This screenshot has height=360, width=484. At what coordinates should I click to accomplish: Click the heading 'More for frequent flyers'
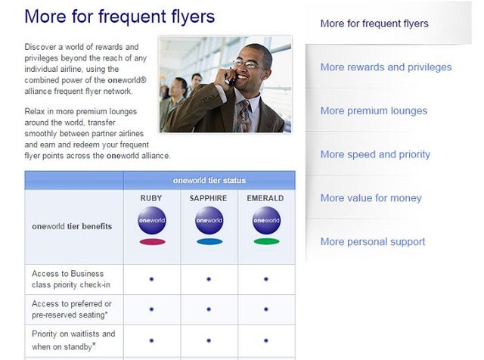point(119,16)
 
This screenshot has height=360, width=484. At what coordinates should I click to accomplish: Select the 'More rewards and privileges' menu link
point(386,67)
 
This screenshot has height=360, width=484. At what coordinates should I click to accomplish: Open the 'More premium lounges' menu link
point(374,110)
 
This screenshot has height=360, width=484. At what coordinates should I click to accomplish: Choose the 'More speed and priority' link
point(375,154)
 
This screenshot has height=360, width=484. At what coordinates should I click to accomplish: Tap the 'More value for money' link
point(371,198)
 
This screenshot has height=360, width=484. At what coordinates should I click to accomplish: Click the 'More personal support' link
point(373,242)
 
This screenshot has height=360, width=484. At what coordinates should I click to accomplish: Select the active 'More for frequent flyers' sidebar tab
point(374,23)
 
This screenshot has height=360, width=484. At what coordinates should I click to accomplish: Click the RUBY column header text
point(151,199)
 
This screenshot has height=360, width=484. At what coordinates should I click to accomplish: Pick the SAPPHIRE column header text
point(209,199)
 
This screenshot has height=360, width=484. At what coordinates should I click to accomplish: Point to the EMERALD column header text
point(266,199)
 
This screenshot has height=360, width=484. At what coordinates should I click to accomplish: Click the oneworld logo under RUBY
point(152,220)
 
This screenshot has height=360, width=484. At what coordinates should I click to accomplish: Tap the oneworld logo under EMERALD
point(266,220)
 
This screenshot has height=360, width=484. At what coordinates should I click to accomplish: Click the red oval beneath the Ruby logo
point(152,242)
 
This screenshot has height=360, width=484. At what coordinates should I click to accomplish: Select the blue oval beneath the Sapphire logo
point(209,242)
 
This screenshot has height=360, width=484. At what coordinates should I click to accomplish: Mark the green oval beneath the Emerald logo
point(266,242)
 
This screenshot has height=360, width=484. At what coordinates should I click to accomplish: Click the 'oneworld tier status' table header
point(209,180)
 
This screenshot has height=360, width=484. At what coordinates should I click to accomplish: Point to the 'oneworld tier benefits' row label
point(72,226)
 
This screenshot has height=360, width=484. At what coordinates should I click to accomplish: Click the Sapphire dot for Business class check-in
point(209,279)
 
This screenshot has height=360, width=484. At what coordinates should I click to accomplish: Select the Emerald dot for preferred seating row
point(266,309)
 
